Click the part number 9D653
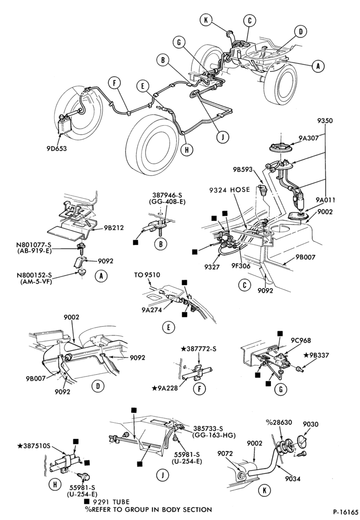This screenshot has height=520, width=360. (x=56, y=149)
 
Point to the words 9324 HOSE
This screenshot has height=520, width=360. (x=229, y=190)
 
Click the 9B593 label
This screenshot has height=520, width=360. (x=242, y=170)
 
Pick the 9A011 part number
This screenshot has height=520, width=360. (x=325, y=200)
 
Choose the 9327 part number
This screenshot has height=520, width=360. (x=212, y=267)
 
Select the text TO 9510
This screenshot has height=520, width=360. (x=147, y=275)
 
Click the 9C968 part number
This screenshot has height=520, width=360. (x=301, y=341)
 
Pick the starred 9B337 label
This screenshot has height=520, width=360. (x=316, y=356)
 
